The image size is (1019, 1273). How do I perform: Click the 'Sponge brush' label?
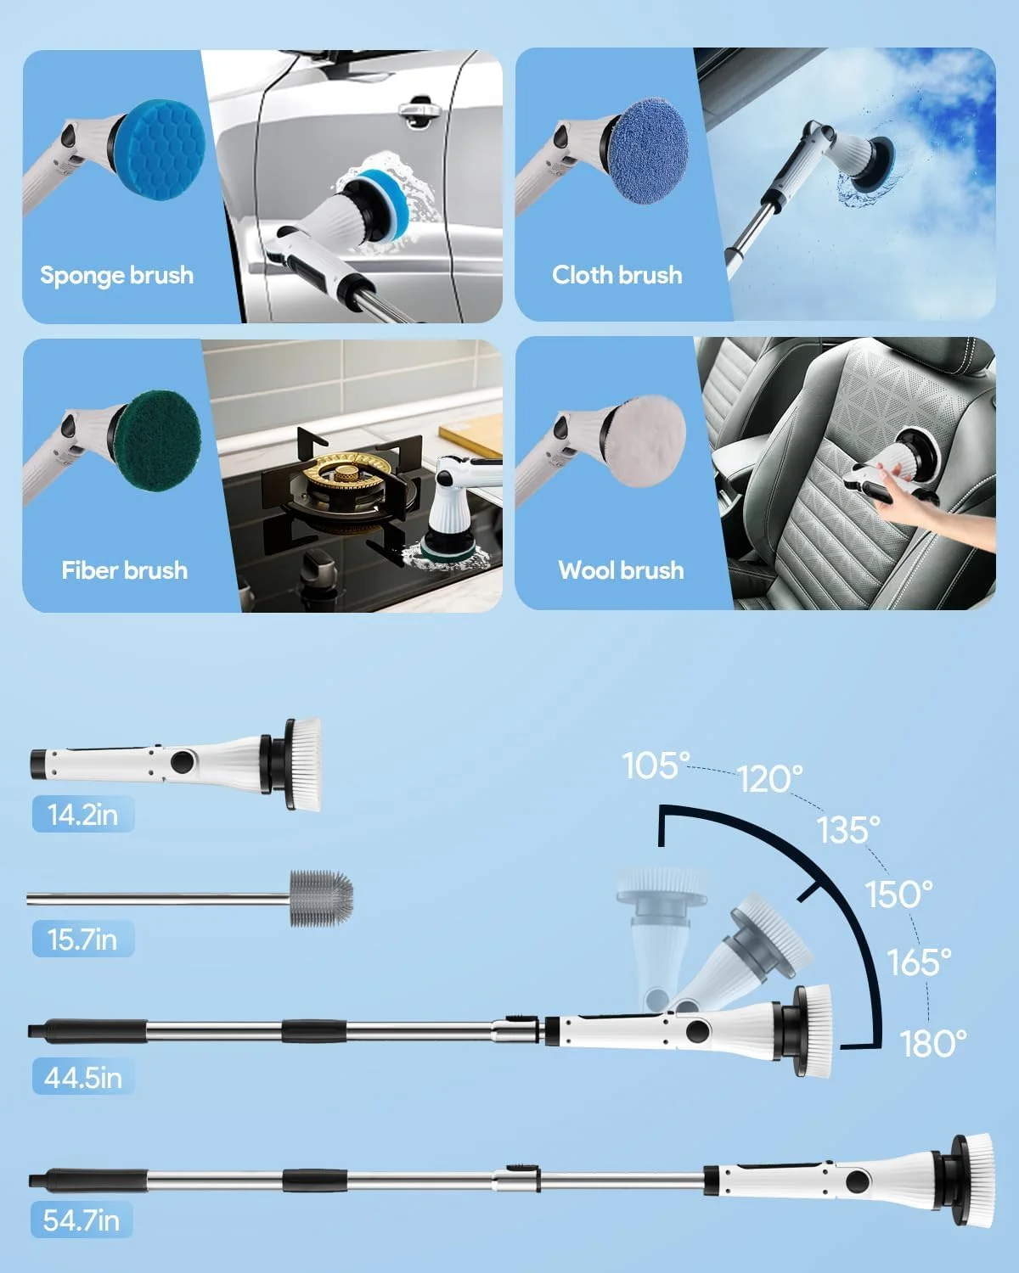[x=116, y=275]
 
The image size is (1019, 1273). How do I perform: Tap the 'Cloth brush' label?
[x=616, y=275]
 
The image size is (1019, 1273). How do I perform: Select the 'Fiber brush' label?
[x=124, y=569]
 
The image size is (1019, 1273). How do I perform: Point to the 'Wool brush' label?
[x=621, y=569]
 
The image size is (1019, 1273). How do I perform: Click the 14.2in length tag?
[x=82, y=815]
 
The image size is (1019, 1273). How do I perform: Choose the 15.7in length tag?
[x=82, y=939]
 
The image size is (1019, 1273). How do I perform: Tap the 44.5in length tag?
[x=82, y=1078]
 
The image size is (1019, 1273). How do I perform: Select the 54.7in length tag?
[x=81, y=1220]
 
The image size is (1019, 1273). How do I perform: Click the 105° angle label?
[x=656, y=765]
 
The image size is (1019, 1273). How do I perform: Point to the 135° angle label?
[x=848, y=829]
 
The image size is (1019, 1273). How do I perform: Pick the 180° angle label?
[x=933, y=1043]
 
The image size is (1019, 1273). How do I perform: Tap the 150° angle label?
[x=898, y=894]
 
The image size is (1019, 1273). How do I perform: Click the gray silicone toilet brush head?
[x=321, y=897]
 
